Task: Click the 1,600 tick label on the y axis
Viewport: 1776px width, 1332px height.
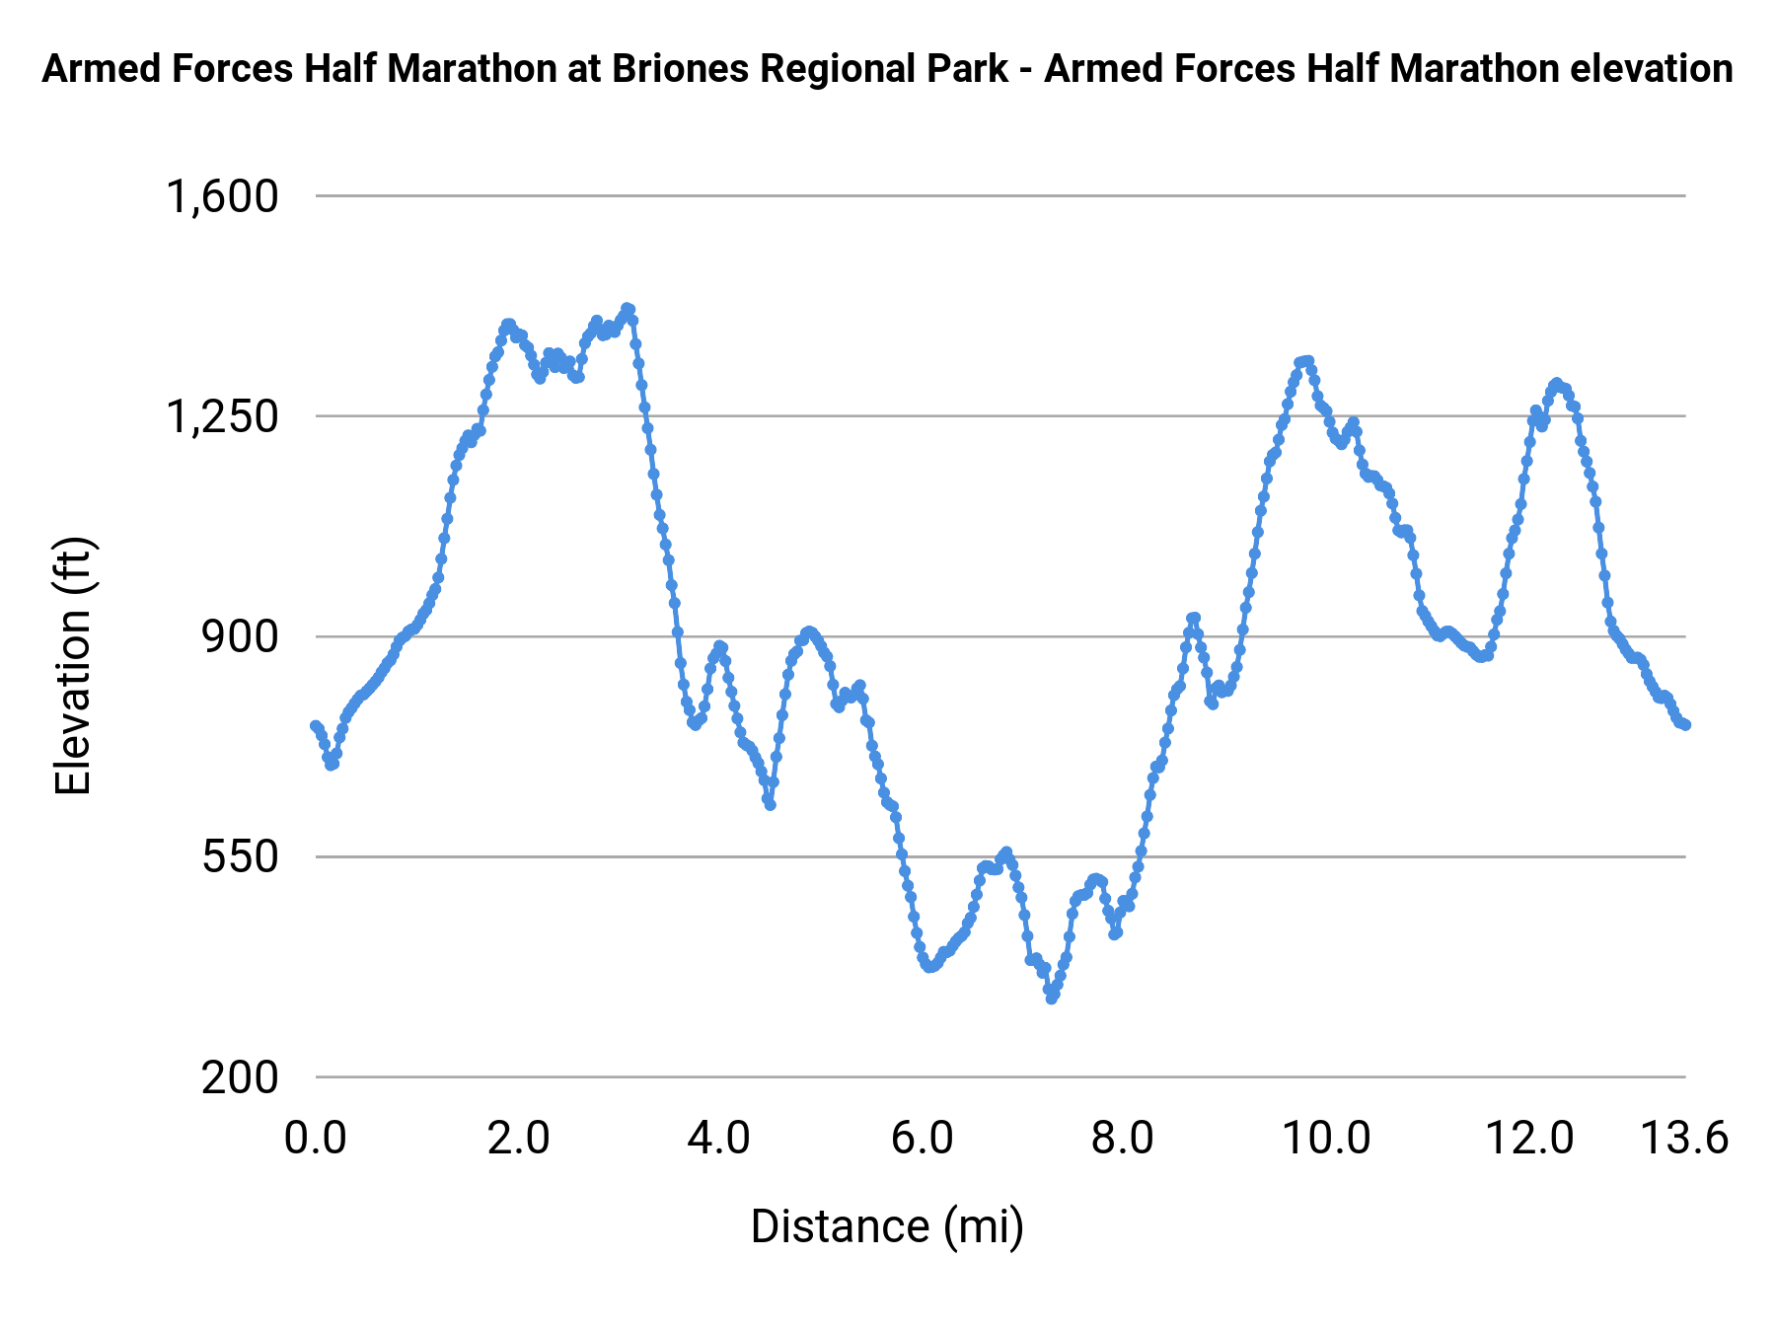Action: point(222,196)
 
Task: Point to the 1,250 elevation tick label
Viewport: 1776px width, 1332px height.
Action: point(222,417)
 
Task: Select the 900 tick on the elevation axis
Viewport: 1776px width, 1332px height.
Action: point(241,637)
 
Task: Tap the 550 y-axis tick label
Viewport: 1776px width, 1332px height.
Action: point(241,857)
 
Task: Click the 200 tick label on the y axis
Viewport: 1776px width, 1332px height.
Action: point(241,1077)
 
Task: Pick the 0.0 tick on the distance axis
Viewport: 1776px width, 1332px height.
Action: point(316,1139)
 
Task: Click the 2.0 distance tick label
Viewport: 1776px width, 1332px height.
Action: point(519,1139)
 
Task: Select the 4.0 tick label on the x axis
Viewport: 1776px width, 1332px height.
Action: point(719,1139)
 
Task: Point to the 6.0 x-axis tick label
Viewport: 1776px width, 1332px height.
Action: point(923,1139)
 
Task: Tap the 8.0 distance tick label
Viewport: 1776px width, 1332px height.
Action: point(1123,1139)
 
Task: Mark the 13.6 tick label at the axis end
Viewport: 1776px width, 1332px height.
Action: point(1684,1139)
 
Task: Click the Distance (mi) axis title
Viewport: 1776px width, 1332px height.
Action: point(887,1226)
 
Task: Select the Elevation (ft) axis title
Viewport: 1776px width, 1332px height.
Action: point(73,666)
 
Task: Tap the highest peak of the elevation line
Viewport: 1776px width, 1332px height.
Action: point(628,309)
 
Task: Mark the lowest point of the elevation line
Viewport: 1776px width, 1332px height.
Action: point(1052,999)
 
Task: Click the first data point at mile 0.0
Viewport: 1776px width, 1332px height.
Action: point(315,726)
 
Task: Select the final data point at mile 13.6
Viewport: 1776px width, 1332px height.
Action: point(1686,725)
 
